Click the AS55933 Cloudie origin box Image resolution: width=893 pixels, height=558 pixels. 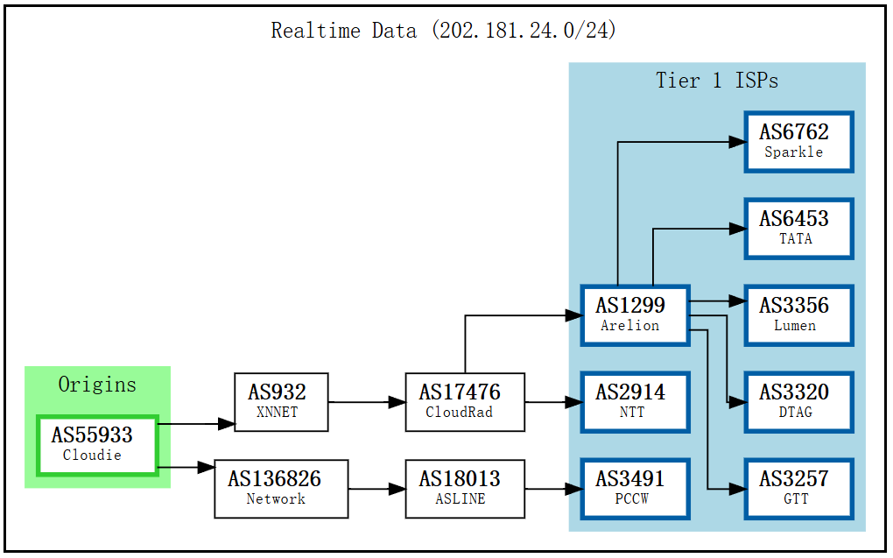pyautogui.click(x=97, y=446)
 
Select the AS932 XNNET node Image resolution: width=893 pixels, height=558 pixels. pyautogui.click(x=281, y=402)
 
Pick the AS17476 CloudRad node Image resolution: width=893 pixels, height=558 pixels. pyautogui.click(x=465, y=402)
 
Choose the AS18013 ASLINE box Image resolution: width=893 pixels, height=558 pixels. pyautogui.click(x=465, y=489)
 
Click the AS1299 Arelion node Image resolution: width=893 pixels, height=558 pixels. pyautogui.click(x=635, y=314)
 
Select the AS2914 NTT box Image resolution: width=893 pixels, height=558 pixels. pyautogui.click(x=635, y=402)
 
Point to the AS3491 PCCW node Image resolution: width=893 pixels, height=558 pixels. pyautogui.click(x=635, y=489)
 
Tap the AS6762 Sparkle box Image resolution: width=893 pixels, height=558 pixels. pyautogui.click(x=798, y=141)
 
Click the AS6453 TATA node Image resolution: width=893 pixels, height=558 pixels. pyautogui.click(x=798, y=228)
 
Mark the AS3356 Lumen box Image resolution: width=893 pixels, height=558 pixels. pyautogui.click(x=798, y=314)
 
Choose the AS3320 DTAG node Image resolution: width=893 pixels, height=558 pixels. pyautogui.click(x=798, y=402)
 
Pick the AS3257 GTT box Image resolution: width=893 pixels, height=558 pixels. pyautogui.click(x=798, y=489)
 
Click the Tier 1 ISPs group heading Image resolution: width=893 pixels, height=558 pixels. pyautogui.click(x=717, y=81)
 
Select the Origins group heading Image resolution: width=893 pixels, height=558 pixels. pyautogui.click(x=97, y=385)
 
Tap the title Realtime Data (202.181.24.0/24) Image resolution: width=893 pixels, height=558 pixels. pyautogui.click(x=444, y=31)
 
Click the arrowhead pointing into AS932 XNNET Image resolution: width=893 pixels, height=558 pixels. pyautogui.click(x=227, y=424)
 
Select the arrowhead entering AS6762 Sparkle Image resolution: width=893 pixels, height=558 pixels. pyautogui.click(x=736, y=141)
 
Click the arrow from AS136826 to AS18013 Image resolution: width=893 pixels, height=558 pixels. pyautogui.click(x=376, y=489)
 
